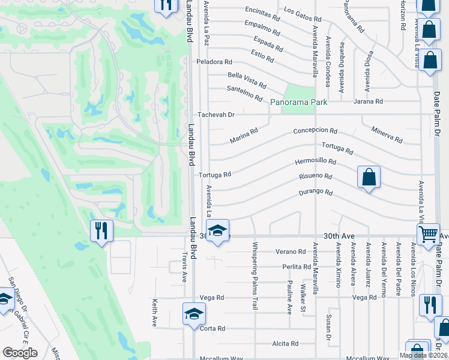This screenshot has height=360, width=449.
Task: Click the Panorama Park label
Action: pos(298,103)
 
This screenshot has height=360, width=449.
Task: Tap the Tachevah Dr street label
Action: pos(215,114)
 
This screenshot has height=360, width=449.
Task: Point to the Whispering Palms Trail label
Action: pos(255,275)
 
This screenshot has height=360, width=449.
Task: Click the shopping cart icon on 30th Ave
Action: pos(428,234)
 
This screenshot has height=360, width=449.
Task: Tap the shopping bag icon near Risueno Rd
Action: pos(369,177)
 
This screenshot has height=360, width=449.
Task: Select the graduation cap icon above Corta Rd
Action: pos(194,313)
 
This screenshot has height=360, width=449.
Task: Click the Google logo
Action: pos(20,353)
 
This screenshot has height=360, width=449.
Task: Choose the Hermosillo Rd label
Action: pos(315,162)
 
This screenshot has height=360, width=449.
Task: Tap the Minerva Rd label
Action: pos(387,134)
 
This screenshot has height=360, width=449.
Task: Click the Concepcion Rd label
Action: pos(315,131)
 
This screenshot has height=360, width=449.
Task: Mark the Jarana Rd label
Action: pos(368,102)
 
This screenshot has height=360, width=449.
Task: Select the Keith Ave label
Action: pos(154,313)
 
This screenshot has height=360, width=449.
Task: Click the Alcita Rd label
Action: pos(285,344)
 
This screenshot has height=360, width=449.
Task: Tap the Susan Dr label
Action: pos(328,326)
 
